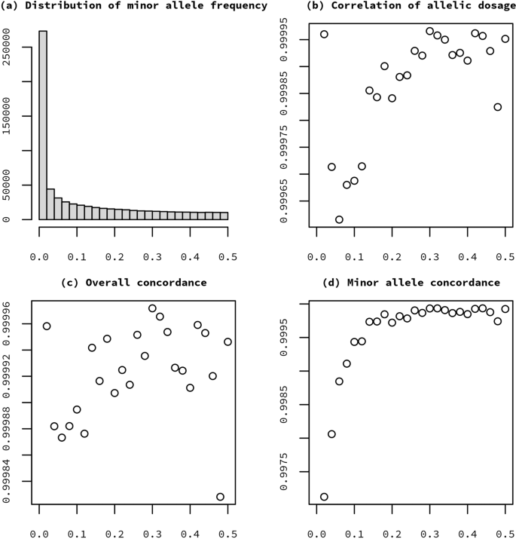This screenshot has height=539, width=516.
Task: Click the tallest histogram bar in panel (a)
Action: [x=43, y=124]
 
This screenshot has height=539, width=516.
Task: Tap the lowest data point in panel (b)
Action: [x=339, y=219]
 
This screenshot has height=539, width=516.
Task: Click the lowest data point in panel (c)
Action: [x=220, y=497]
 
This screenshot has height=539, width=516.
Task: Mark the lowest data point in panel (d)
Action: [x=324, y=497]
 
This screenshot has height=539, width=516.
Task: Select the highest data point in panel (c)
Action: [x=152, y=308]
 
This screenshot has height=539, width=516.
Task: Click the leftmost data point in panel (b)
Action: [x=324, y=34]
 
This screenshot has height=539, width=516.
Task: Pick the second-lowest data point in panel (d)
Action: [x=331, y=434]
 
